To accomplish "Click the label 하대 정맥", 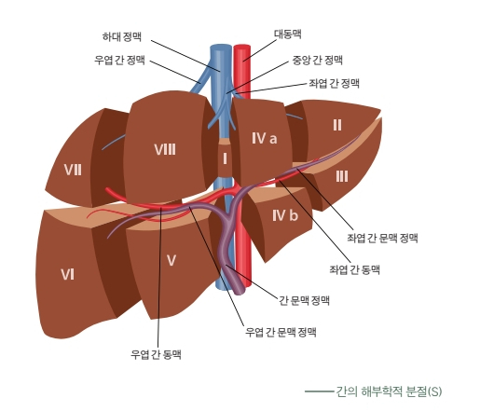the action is coord(122,37).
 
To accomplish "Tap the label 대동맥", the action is coord(288,34).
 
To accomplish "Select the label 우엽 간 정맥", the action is coord(119,60).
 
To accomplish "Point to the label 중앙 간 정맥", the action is coord(317,60).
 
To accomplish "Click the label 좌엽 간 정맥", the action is coord(334,83).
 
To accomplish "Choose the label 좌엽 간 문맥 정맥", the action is coord(382,238).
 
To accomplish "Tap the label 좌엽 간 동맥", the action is coord(354,269).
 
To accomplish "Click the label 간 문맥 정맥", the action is coord(304,300).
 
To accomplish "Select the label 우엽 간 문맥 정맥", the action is coord(281,332).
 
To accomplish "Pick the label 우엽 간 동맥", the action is coord(156,354).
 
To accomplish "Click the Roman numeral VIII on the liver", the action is coord(165,149).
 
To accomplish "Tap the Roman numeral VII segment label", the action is coord(73,170).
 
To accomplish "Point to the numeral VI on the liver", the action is coord(67,275).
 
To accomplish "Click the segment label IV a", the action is coord(264,138).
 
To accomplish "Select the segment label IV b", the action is coord(285,215).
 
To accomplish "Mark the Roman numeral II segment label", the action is coord(337,125).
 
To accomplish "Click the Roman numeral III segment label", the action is coord(342,177).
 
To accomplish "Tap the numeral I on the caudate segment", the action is coord(225,158).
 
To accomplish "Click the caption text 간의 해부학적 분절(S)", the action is coord(389,391).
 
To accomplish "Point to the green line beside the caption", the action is coord(319,391).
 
